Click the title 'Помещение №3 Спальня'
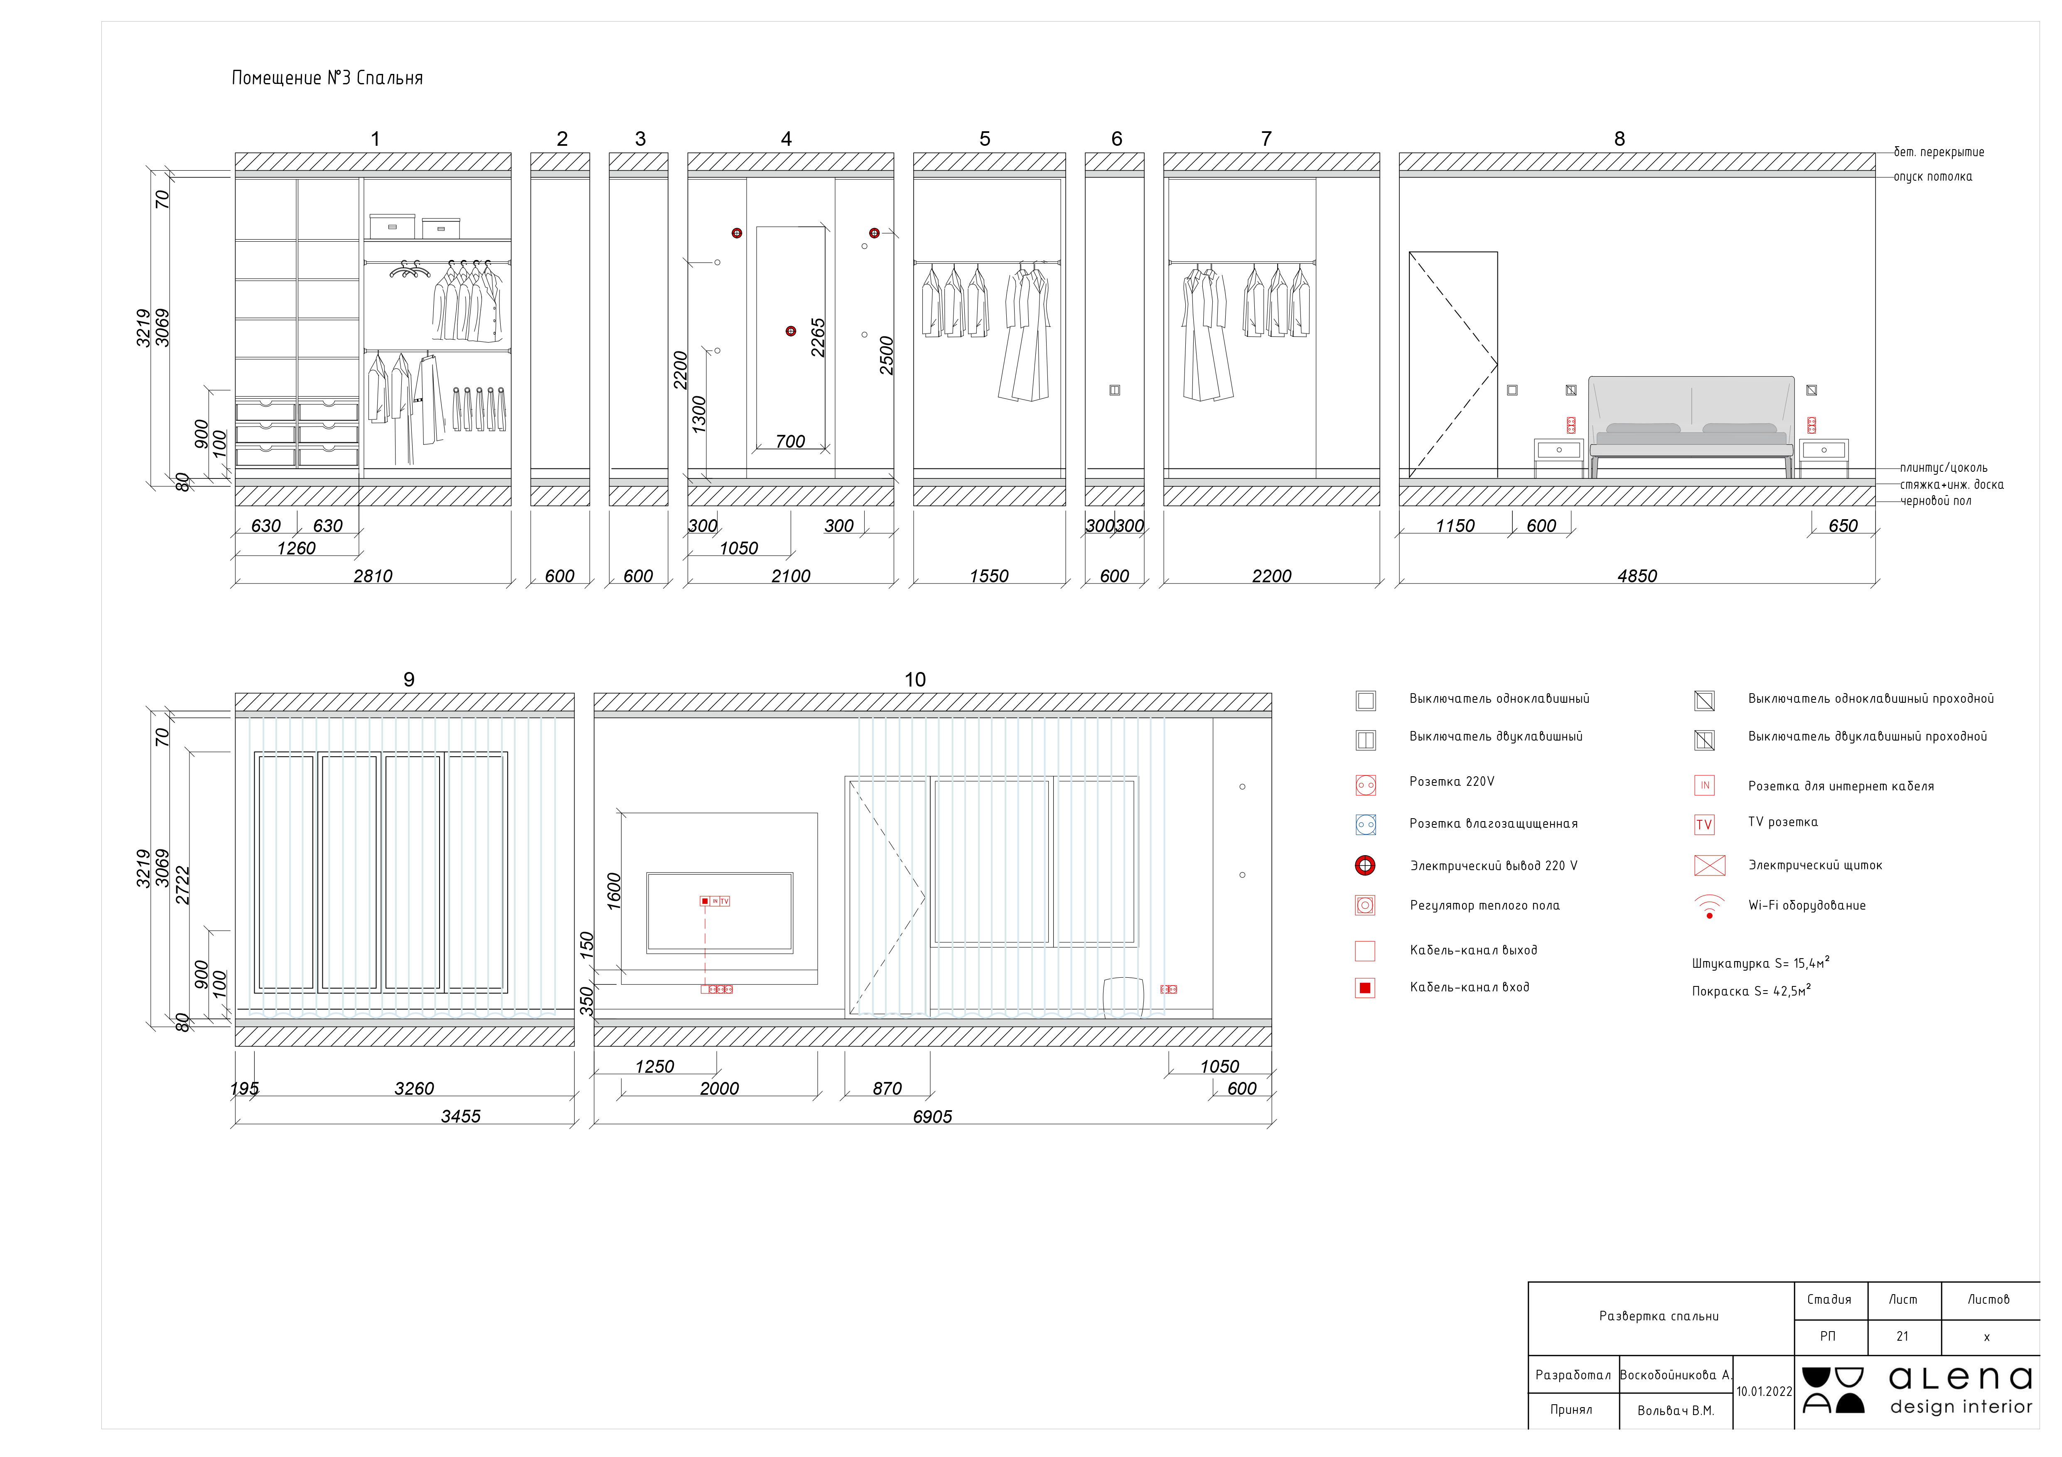[x=327, y=78]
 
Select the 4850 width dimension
[x=1636, y=576]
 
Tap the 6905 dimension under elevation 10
[x=932, y=1117]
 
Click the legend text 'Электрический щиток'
[x=1815, y=866]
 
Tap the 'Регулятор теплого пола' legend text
[x=1484, y=906]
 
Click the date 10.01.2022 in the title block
[x=1764, y=1391]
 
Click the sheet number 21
[x=1902, y=1337]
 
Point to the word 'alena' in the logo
[x=1961, y=1378]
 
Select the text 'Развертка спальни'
[x=1659, y=1316]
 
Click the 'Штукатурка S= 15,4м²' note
[x=1760, y=963]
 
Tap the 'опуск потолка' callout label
[x=1933, y=177]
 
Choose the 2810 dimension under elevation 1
[x=373, y=576]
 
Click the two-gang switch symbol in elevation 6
[x=1115, y=390]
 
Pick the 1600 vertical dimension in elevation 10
[x=614, y=891]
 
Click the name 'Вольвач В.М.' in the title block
[x=1675, y=1411]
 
